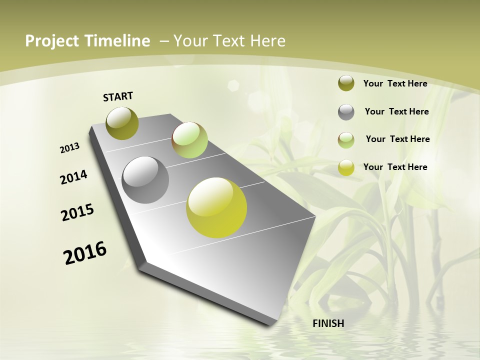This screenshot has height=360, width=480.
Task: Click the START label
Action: point(118,96)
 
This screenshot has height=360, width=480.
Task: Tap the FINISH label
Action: point(328,323)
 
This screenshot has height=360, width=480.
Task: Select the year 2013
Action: point(70,148)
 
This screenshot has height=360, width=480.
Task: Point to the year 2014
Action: point(74,177)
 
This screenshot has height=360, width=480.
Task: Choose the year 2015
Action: point(77,212)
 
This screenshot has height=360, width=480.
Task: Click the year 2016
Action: point(85,253)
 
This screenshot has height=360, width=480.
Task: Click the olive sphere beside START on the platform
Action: point(122,123)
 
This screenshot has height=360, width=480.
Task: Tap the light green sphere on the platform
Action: point(189,140)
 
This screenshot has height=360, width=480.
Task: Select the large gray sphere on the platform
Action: point(145,180)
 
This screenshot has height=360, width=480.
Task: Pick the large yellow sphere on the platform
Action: point(216,207)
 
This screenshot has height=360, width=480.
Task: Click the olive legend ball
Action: point(346,83)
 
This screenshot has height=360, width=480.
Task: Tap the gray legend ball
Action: point(346,112)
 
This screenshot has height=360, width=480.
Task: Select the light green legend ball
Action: point(346,140)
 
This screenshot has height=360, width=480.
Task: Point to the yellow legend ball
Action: point(346,167)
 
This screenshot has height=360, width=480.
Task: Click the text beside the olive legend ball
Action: point(395,83)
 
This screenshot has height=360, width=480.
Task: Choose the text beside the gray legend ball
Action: point(396,111)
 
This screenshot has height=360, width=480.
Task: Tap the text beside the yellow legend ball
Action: point(395,167)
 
